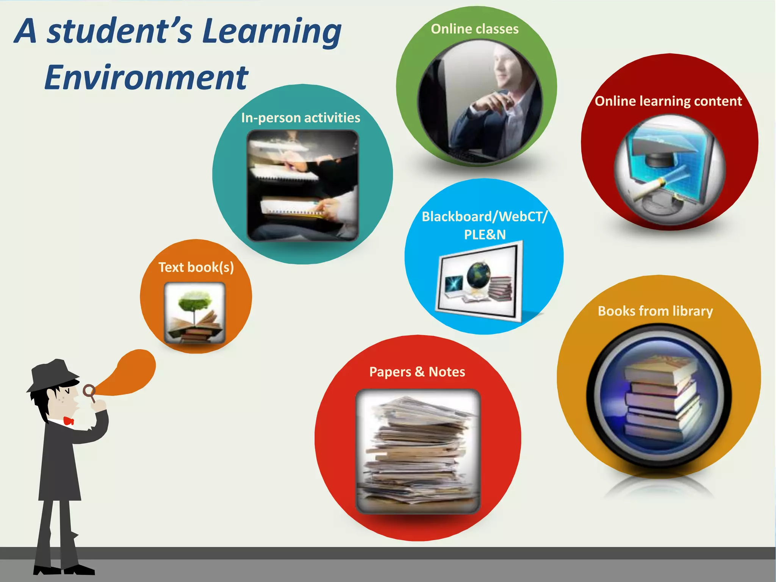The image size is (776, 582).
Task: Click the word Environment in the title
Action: (x=146, y=78)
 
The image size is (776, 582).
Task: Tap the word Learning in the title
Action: (x=271, y=32)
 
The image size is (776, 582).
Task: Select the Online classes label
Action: (x=474, y=29)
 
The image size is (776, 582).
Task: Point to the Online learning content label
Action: (x=668, y=101)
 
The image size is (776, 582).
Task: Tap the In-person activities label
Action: (x=300, y=118)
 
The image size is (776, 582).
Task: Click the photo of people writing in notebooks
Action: (x=302, y=186)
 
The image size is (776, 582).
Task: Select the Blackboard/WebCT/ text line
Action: (x=484, y=217)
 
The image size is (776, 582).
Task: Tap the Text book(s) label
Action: (x=196, y=268)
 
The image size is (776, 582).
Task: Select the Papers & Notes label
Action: (x=417, y=372)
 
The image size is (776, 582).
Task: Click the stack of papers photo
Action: (x=418, y=451)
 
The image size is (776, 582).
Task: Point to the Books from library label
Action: (x=655, y=311)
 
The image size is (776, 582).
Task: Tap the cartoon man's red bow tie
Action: (x=69, y=421)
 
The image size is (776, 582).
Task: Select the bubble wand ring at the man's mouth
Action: (x=89, y=390)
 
